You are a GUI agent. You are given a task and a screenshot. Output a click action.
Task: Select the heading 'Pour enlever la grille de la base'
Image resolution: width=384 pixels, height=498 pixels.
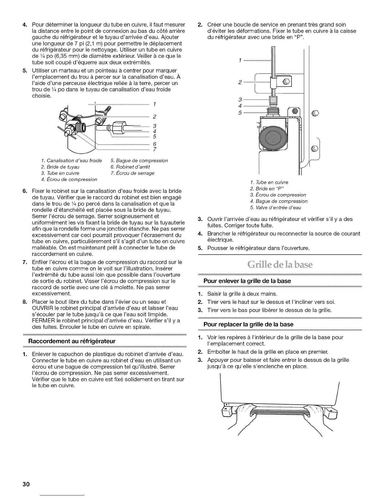click(x=247, y=281)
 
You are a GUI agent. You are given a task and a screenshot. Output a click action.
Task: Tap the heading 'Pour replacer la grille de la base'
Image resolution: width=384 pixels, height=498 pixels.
click(x=248, y=324)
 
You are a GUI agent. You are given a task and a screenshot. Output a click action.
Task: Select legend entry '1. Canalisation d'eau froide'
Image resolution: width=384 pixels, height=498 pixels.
click(x=72, y=161)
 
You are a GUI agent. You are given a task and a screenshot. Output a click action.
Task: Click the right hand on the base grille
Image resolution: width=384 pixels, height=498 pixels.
click(x=313, y=418)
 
